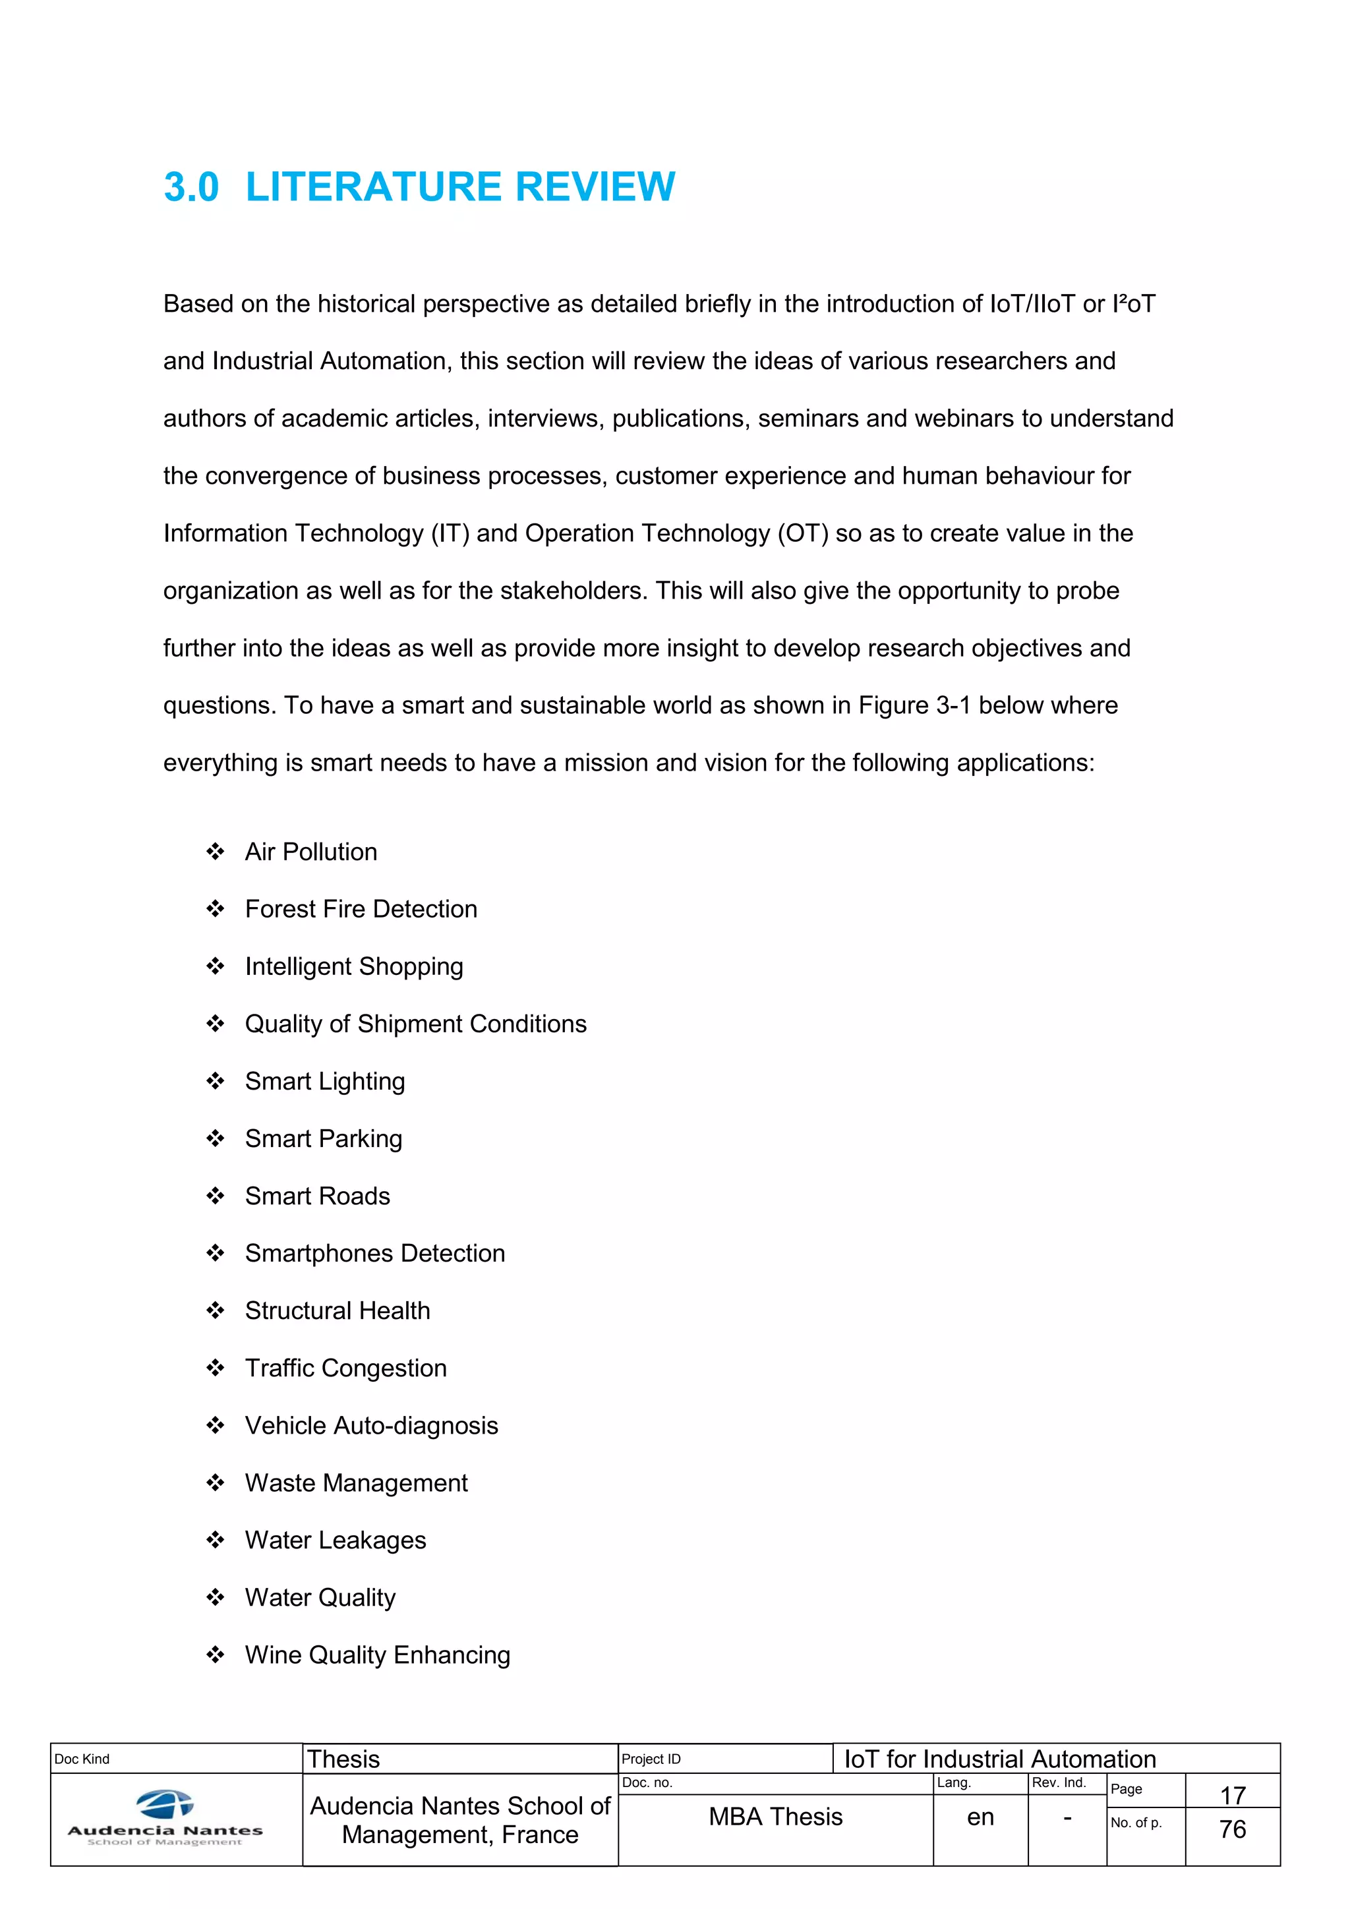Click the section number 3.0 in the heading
[x=191, y=187]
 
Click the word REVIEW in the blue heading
[x=595, y=187]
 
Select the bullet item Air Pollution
[x=311, y=852]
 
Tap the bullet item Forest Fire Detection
[x=361, y=909]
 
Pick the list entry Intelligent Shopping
[x=354, y=966]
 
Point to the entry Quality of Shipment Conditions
[x=416, y=1024]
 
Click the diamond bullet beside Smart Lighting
[x=216, y=1081]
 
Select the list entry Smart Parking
[x=324, y=1138]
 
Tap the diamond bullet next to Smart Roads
[x=216, y=1196]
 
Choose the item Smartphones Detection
[x=375, y=1253]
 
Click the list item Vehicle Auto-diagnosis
[x=372, y=1425]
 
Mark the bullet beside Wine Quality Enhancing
[x=216, y=1655]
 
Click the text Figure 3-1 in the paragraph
[x=914, y=705]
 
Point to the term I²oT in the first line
[x=1133, y=305]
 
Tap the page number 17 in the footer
[x=1232, y=1795]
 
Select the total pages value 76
[x=1232, y=1829]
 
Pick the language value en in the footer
[x=980, y=1817]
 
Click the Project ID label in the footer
[x=651, y=1759]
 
